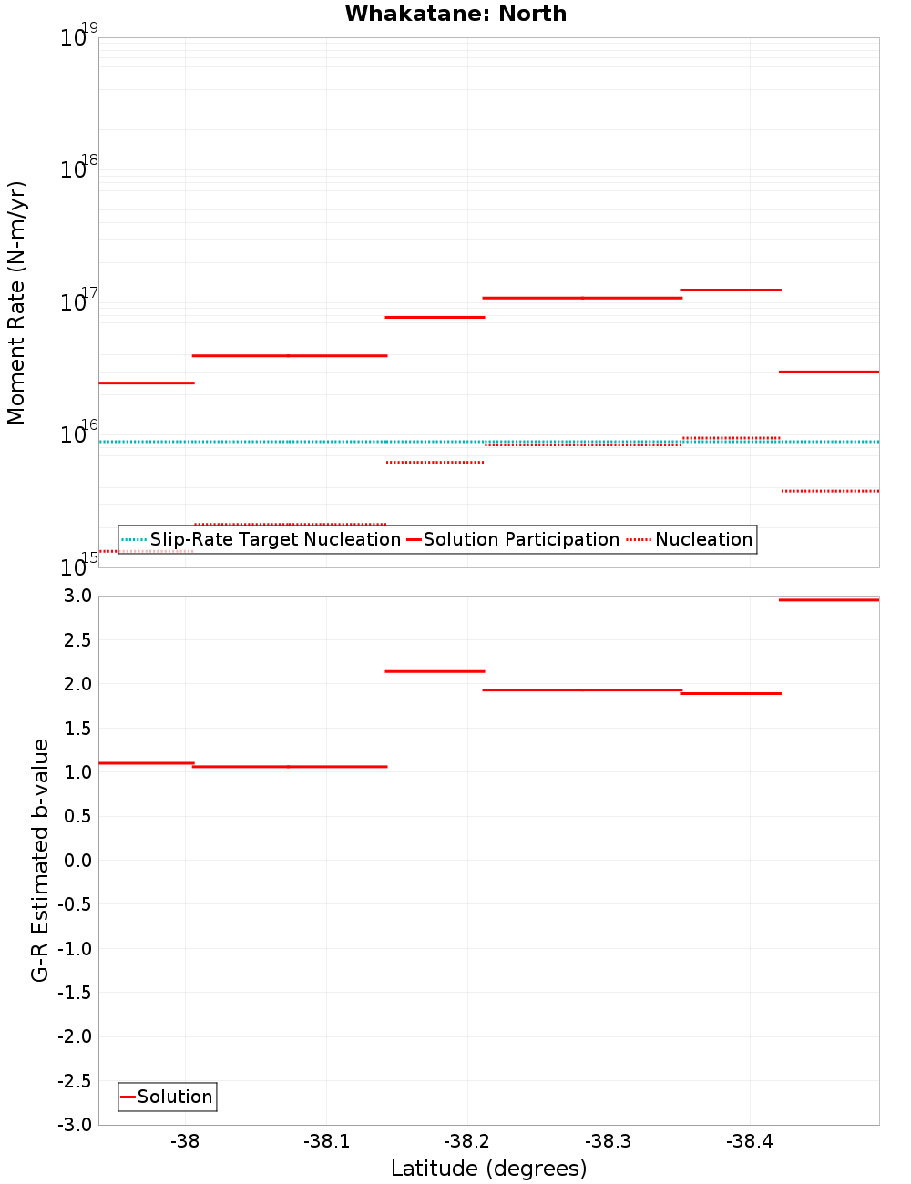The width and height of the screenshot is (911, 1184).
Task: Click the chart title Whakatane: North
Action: tap(455, 14)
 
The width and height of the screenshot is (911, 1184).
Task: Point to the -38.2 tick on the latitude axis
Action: tap(466, 1142)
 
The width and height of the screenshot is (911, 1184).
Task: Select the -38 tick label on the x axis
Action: tap(185, 1142)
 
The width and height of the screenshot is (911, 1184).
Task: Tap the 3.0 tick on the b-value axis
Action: tap(77, 597)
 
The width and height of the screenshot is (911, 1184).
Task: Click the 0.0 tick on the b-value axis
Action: tap(77, 861)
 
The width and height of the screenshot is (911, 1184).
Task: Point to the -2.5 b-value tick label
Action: tap(74, 1081)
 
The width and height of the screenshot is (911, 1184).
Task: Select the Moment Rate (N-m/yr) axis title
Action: tap(16, 302)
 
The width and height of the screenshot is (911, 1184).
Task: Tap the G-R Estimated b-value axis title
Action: tap(40, 861)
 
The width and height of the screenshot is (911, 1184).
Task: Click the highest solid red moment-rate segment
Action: tap(731, 290)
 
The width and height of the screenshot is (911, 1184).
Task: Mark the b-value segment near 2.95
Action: tap(829, 600)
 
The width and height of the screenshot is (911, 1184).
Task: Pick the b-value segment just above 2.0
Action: tap(435, 671)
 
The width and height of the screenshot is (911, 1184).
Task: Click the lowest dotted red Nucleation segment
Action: tap(146, 551)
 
